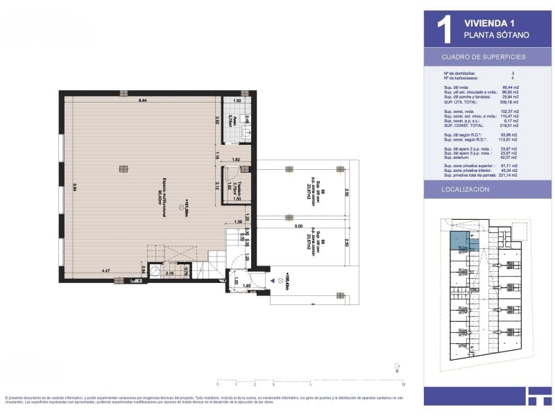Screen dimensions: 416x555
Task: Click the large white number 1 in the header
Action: pos(444,29)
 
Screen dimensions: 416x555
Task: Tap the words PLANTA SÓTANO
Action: pos(496,35)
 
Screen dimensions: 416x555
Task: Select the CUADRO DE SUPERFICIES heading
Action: pos(484,57)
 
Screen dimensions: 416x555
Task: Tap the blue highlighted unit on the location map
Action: pos(460,241)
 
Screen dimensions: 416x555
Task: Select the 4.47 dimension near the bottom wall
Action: pos(107,270)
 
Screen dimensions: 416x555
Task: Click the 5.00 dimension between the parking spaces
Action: pos(298,226)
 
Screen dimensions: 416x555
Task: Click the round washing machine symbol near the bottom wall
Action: pos(157,272)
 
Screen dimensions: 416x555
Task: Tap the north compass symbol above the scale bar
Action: pos(396,367)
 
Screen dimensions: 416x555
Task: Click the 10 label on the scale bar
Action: pos(403,383)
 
